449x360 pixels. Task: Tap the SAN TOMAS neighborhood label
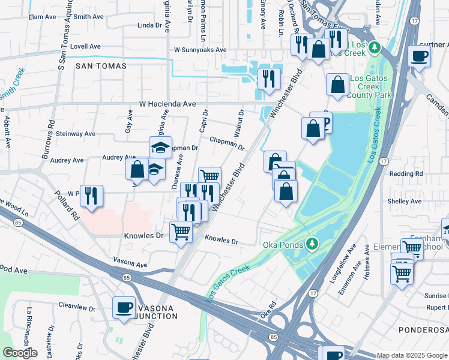(x=100, y=66)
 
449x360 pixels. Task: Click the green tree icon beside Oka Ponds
(x=312, y=244)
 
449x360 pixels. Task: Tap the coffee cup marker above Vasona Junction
(x=124, y=307)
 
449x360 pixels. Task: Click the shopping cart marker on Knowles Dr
(x=181, y=231)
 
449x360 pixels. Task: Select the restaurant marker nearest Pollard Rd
(x=91, y=196)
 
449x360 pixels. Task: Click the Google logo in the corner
(x=20, y=353)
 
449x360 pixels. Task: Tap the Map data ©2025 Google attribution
(x=411, y=355)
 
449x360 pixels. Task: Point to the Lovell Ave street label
(x=85, y=46)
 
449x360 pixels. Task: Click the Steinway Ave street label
(x=75, y=134)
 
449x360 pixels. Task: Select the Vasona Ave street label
(x=130, y=264)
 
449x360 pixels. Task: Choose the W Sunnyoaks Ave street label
(x=200, y=50)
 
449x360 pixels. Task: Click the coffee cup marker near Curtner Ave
(x=419, y=56)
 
